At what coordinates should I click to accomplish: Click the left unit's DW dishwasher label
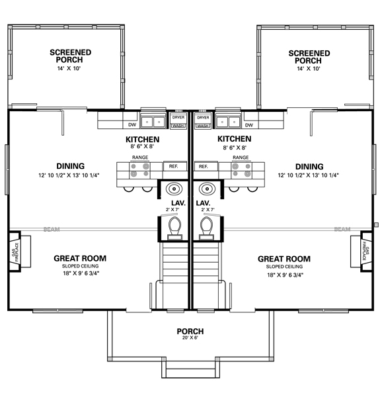[x=132, y=124]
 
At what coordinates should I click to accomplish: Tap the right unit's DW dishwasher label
[x=249, y=124]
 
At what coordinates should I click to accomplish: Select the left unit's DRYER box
[x=178, y=117]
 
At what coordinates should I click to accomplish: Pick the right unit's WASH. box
[x=202, y=125]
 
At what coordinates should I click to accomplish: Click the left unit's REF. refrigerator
[x=174, y=166]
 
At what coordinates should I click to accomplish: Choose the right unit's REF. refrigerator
[x=204, y=166]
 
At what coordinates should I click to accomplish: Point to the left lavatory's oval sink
[x=174, y=187]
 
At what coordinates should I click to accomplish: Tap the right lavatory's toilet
[x=206, y=227]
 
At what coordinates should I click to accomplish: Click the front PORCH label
[x=190, y=331]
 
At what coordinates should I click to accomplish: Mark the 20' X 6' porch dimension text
[x=190, y=338]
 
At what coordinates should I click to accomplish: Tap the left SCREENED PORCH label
[x=71, y=56]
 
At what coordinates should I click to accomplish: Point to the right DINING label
[x=309, y=166]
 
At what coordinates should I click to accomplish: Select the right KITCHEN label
[x=234, y=139]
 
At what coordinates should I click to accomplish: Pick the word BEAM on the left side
[x=50, y=230]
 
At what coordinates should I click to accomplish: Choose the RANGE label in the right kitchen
[x=241, y=158]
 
